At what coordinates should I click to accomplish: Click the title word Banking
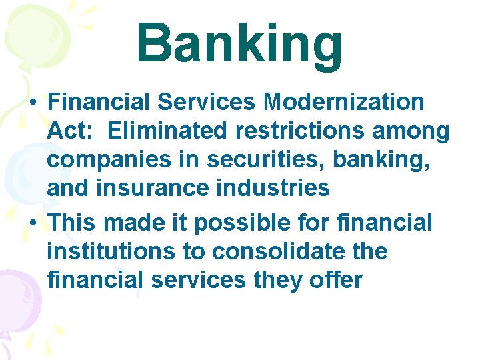click(239, 44)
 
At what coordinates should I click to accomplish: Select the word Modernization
click(343, 102)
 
